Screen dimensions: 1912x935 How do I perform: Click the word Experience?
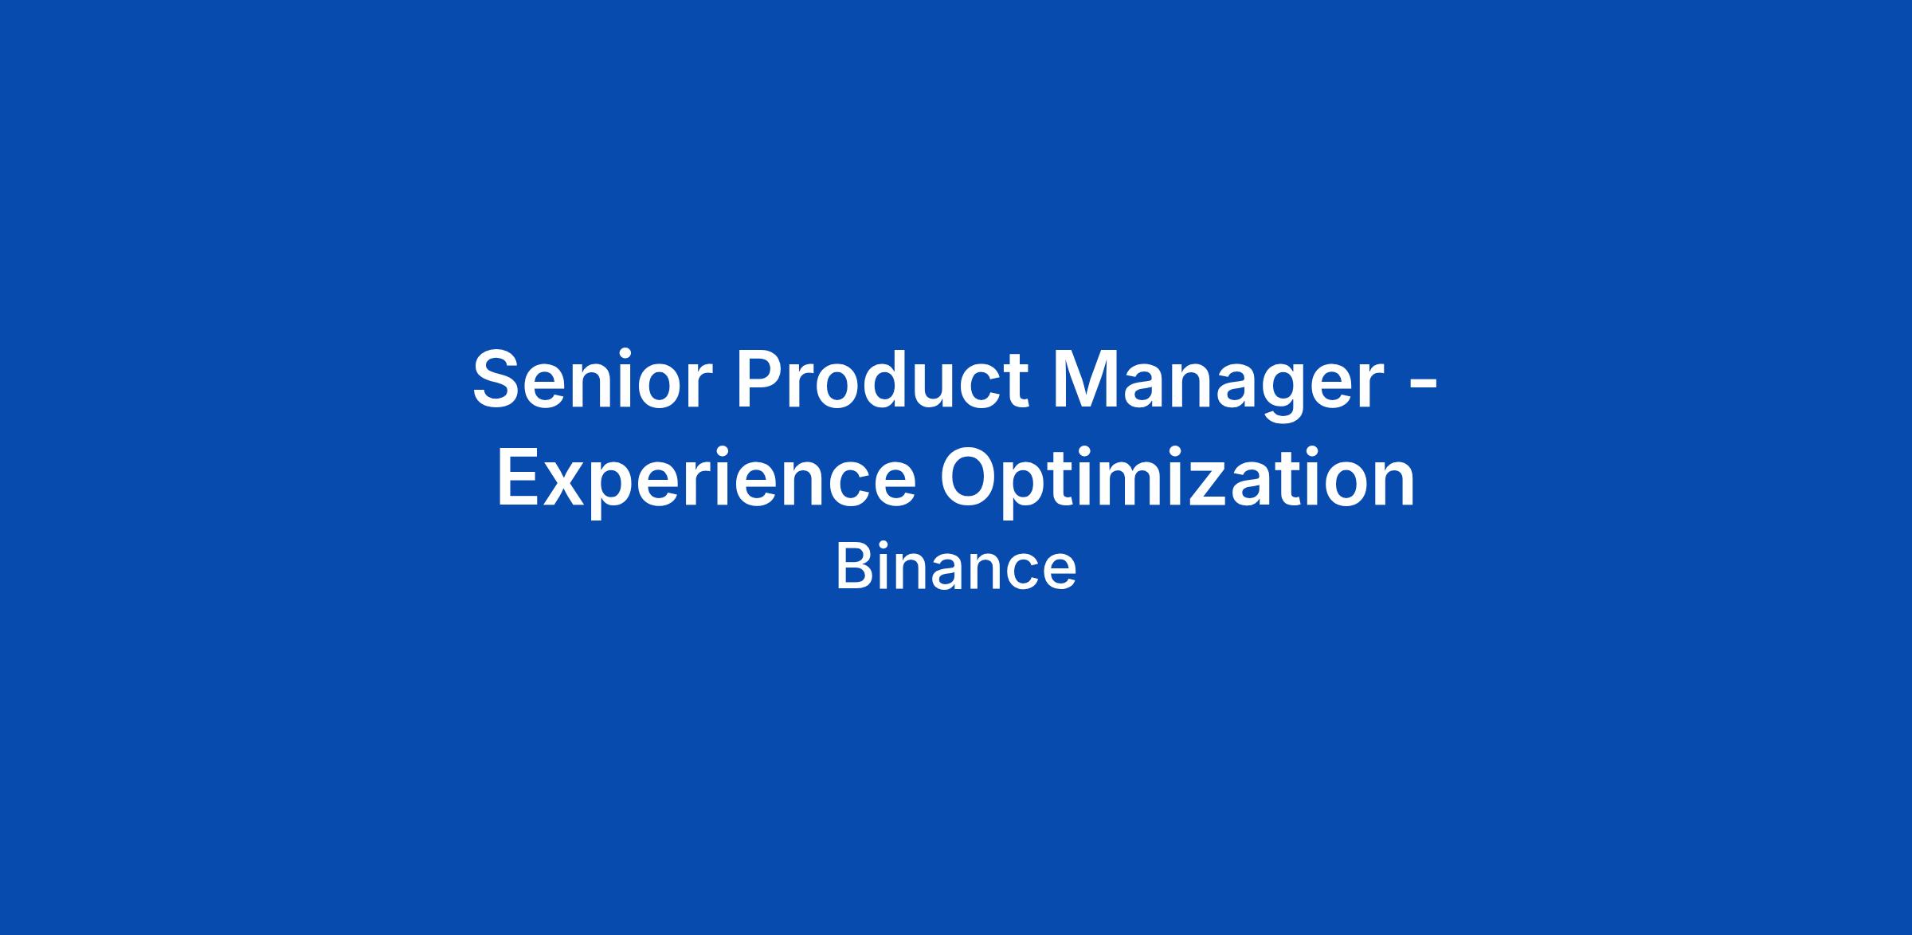[x=707, y=483]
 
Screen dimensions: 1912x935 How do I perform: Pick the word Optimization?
[x=1177, y=483]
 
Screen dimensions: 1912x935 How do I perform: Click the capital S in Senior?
[x=500, y=379]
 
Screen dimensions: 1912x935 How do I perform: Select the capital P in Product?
[x=762, y=379]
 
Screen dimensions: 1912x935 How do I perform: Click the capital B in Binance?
[x=853, y=568]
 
